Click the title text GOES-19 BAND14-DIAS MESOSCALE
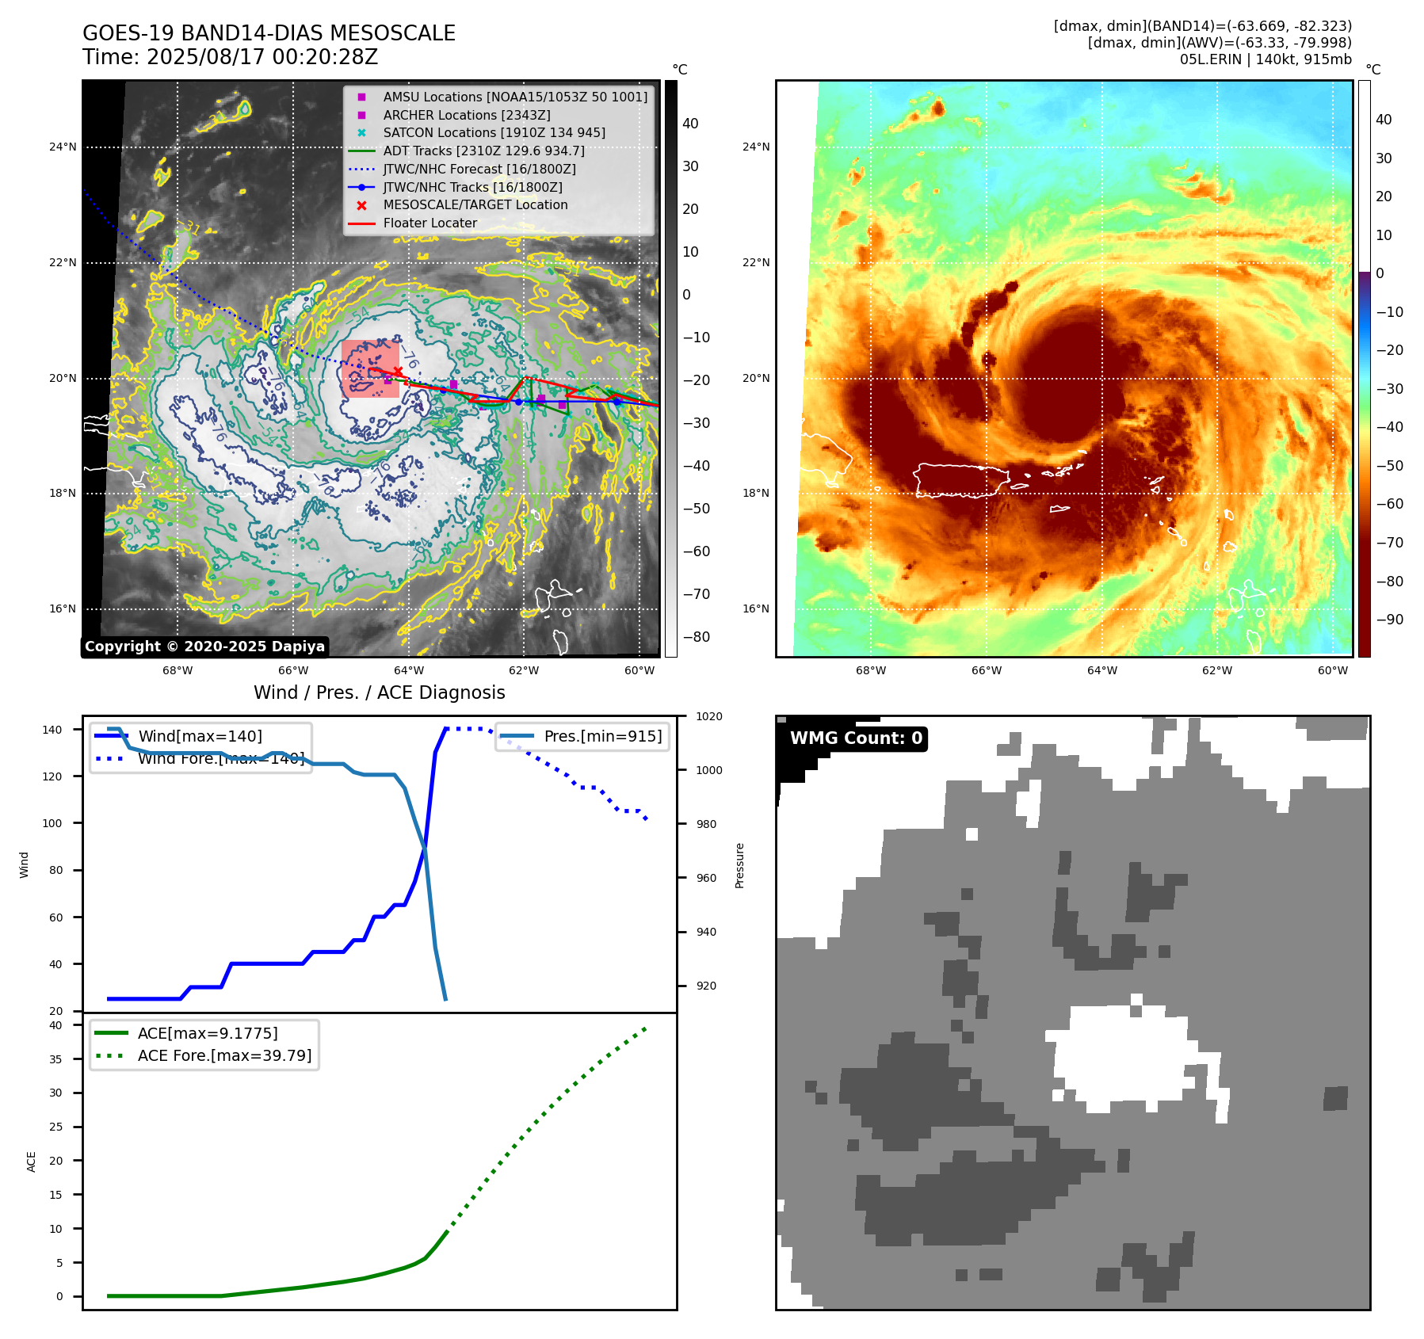(269, 33)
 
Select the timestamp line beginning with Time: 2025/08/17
(230, 57)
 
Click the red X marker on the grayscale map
(398, 372)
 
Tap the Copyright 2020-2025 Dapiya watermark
(204, 647)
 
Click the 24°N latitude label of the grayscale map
(63, 147)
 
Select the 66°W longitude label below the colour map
(986, 670)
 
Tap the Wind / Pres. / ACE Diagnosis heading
(379, 692)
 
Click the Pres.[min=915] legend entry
(602, 736)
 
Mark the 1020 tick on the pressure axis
(708, 716)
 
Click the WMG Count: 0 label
(856, 738)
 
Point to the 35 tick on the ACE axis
(55, 1059)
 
